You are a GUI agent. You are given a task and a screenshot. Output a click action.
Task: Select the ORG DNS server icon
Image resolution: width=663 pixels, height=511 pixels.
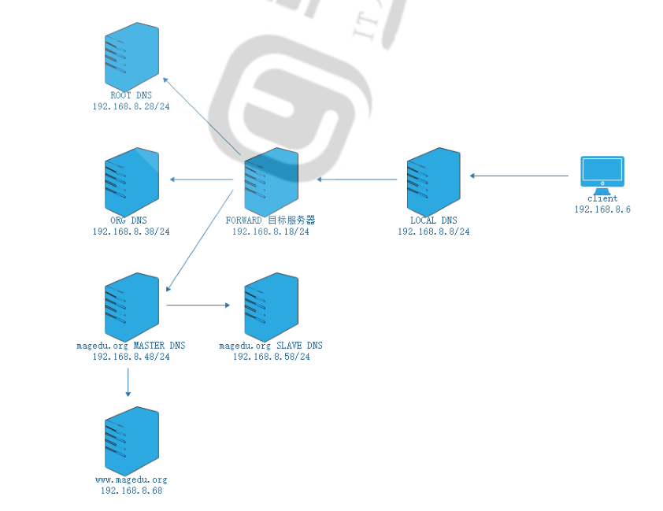point(131,180)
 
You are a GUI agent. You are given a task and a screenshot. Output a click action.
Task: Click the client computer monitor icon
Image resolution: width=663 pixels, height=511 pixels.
point(602,172)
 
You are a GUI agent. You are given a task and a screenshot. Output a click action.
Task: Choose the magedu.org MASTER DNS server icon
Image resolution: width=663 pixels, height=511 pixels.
point(131,305)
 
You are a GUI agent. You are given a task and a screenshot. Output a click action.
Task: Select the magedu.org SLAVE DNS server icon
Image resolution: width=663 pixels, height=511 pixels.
point(272,305)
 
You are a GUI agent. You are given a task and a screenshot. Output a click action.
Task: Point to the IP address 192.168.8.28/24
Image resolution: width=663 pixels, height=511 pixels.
point(131,106)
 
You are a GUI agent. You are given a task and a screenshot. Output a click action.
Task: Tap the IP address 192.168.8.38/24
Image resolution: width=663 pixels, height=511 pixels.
point(131,231)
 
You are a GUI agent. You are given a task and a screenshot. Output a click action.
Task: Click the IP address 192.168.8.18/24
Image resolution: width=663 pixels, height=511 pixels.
point(271,231)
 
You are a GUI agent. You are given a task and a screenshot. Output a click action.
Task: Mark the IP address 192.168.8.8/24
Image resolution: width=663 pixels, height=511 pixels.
point(433,231)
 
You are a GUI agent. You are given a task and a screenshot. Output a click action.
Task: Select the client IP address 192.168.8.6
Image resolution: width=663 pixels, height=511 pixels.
point(602,209)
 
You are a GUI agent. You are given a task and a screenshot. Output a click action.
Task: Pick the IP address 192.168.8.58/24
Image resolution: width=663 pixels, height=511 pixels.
point(271,357)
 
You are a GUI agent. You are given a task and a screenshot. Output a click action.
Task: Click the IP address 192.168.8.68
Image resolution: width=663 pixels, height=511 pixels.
point(131,491)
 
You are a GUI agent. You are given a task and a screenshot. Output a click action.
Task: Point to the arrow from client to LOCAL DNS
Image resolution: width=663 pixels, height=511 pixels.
point(519,175)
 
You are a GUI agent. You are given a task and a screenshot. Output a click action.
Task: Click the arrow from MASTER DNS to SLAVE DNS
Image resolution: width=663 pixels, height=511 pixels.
point(197,305)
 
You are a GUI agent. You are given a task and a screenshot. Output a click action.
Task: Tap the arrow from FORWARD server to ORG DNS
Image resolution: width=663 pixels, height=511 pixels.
point(202,180)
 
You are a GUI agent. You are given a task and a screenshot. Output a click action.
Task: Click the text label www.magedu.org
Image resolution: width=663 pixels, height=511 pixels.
point(131,480)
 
